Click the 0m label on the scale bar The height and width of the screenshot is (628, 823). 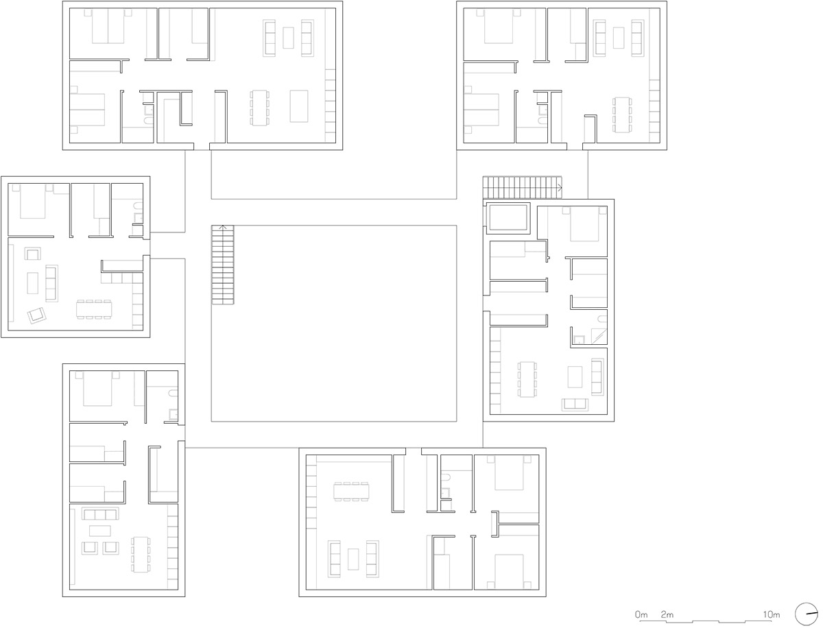click(641, 614)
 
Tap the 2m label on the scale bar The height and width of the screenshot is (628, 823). click(667, 614)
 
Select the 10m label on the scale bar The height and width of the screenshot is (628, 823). click(772, 614)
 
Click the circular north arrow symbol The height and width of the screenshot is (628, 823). click(806, 614)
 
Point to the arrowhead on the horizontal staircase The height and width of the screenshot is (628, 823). click(560, 187)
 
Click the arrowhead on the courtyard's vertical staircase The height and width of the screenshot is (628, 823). click(223, 227)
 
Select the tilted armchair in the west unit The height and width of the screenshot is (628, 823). click(37, 315)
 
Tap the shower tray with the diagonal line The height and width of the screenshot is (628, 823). click(599, 336)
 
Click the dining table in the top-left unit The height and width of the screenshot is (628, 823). click(259, 108)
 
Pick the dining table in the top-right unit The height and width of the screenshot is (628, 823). click(622, 114)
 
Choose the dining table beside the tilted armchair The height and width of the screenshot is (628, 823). click(94, 309)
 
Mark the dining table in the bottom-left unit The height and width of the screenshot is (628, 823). click(141, 555)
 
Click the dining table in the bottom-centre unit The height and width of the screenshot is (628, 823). click(351, 492)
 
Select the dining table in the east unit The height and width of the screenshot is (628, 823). click(527, 379)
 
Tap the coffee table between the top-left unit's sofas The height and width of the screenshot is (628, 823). click(288, 38)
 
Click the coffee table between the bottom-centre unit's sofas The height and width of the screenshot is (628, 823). click(353, 559)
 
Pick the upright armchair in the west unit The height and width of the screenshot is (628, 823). click(33, 254)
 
